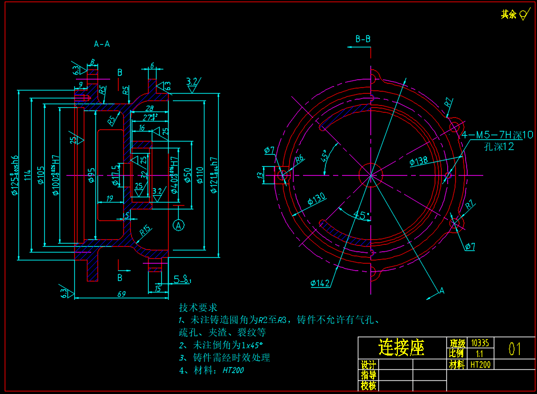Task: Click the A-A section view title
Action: click(x=102, y=44)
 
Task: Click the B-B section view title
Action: click(x=363, y=39)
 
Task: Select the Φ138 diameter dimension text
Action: click(x=418, y=161)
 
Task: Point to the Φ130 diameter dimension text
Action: click(x=316, y=200)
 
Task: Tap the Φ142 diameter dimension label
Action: click(x=320, y=284)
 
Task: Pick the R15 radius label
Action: click(x=145, y=230)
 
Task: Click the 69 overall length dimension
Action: click(x=121, y=294)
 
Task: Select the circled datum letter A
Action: click(x=179, y=226)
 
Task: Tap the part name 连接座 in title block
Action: click(x=402, y=347)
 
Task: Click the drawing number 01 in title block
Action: click(x=515, y=348)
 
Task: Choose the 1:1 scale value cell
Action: click(x=479, y=353)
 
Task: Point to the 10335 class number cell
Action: click(x=480, y=342)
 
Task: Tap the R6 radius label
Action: click(x=299, y=159)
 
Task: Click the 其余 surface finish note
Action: click(x=509, y=15)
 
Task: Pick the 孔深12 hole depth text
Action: click(x=499, y=147)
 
